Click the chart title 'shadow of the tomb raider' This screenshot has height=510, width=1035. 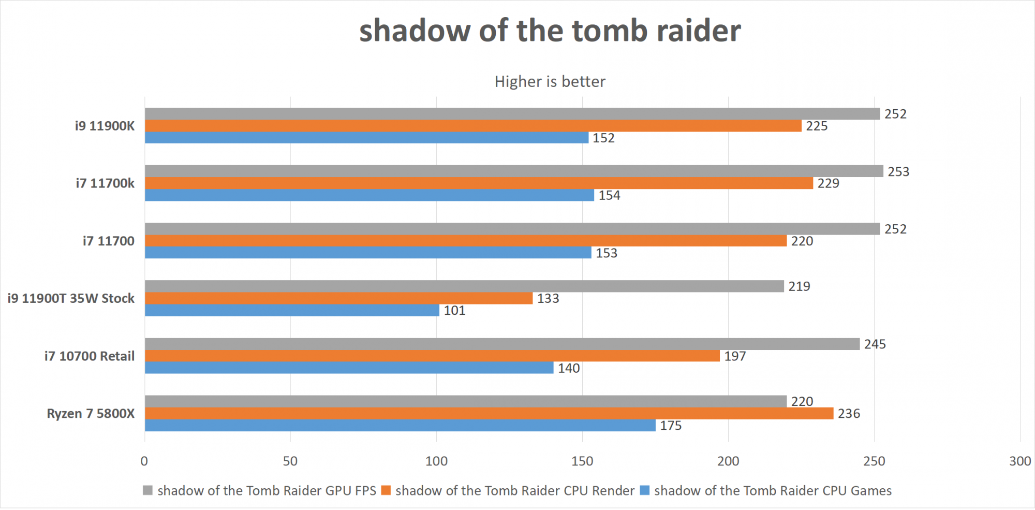[x=550, y=31]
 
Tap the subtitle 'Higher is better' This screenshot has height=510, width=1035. [x=550, y=82]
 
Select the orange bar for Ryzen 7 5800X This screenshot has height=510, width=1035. [x=489, y=413]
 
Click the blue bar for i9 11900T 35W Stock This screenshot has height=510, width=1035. [x=292, y=310]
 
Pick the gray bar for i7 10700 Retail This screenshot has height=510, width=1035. [x=502, y=344]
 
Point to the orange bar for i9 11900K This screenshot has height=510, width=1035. [x=473, y=126]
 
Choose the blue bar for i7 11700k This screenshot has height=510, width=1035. [x=369, y=195]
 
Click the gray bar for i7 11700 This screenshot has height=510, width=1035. [x=512, y=229]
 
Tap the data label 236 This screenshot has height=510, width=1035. [x=849, y=414]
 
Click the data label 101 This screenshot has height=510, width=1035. [x=454, y=311]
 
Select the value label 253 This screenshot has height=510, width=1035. [x=898, y=172]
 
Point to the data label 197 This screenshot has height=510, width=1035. [x=735, y=356]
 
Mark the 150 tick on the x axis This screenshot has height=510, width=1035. [x=582, y=461]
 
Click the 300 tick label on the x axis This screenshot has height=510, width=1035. [x=1020, y=461]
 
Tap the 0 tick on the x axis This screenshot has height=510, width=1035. [x=144, y=461]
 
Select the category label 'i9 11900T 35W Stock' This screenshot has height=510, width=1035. [x=71, y=299]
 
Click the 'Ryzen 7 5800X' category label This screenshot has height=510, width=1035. [x=91, y=414]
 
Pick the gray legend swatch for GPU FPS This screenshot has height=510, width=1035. [x=148, y=490]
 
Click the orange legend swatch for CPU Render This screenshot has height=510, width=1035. [x=386, y=490]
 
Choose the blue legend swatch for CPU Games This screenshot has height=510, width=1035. [x=644, y=490]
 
